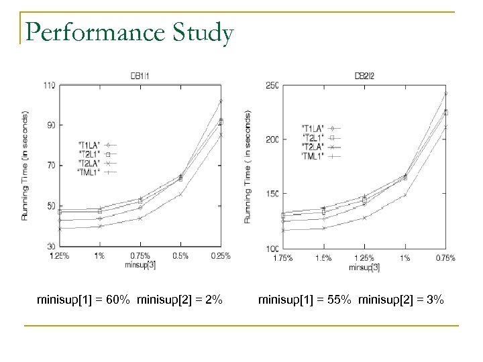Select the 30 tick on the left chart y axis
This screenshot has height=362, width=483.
pos(50,246)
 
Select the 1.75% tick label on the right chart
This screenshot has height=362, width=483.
pos(284,257)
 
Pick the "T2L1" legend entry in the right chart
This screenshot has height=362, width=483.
pos(313,137)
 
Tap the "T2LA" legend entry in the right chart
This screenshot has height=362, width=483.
pos(313,146)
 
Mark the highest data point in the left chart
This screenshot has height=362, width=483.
pos(220,101)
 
